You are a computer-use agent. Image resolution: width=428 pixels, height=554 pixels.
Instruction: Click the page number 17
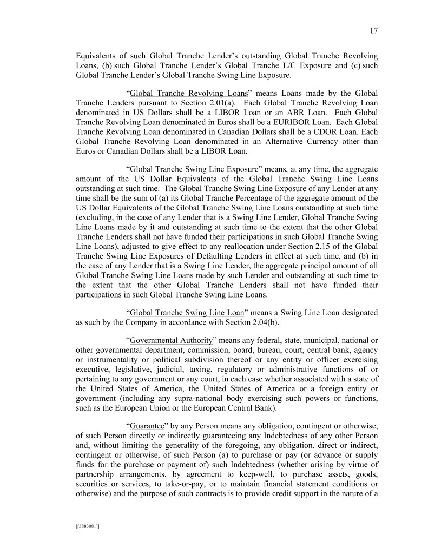click(373, 30)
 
